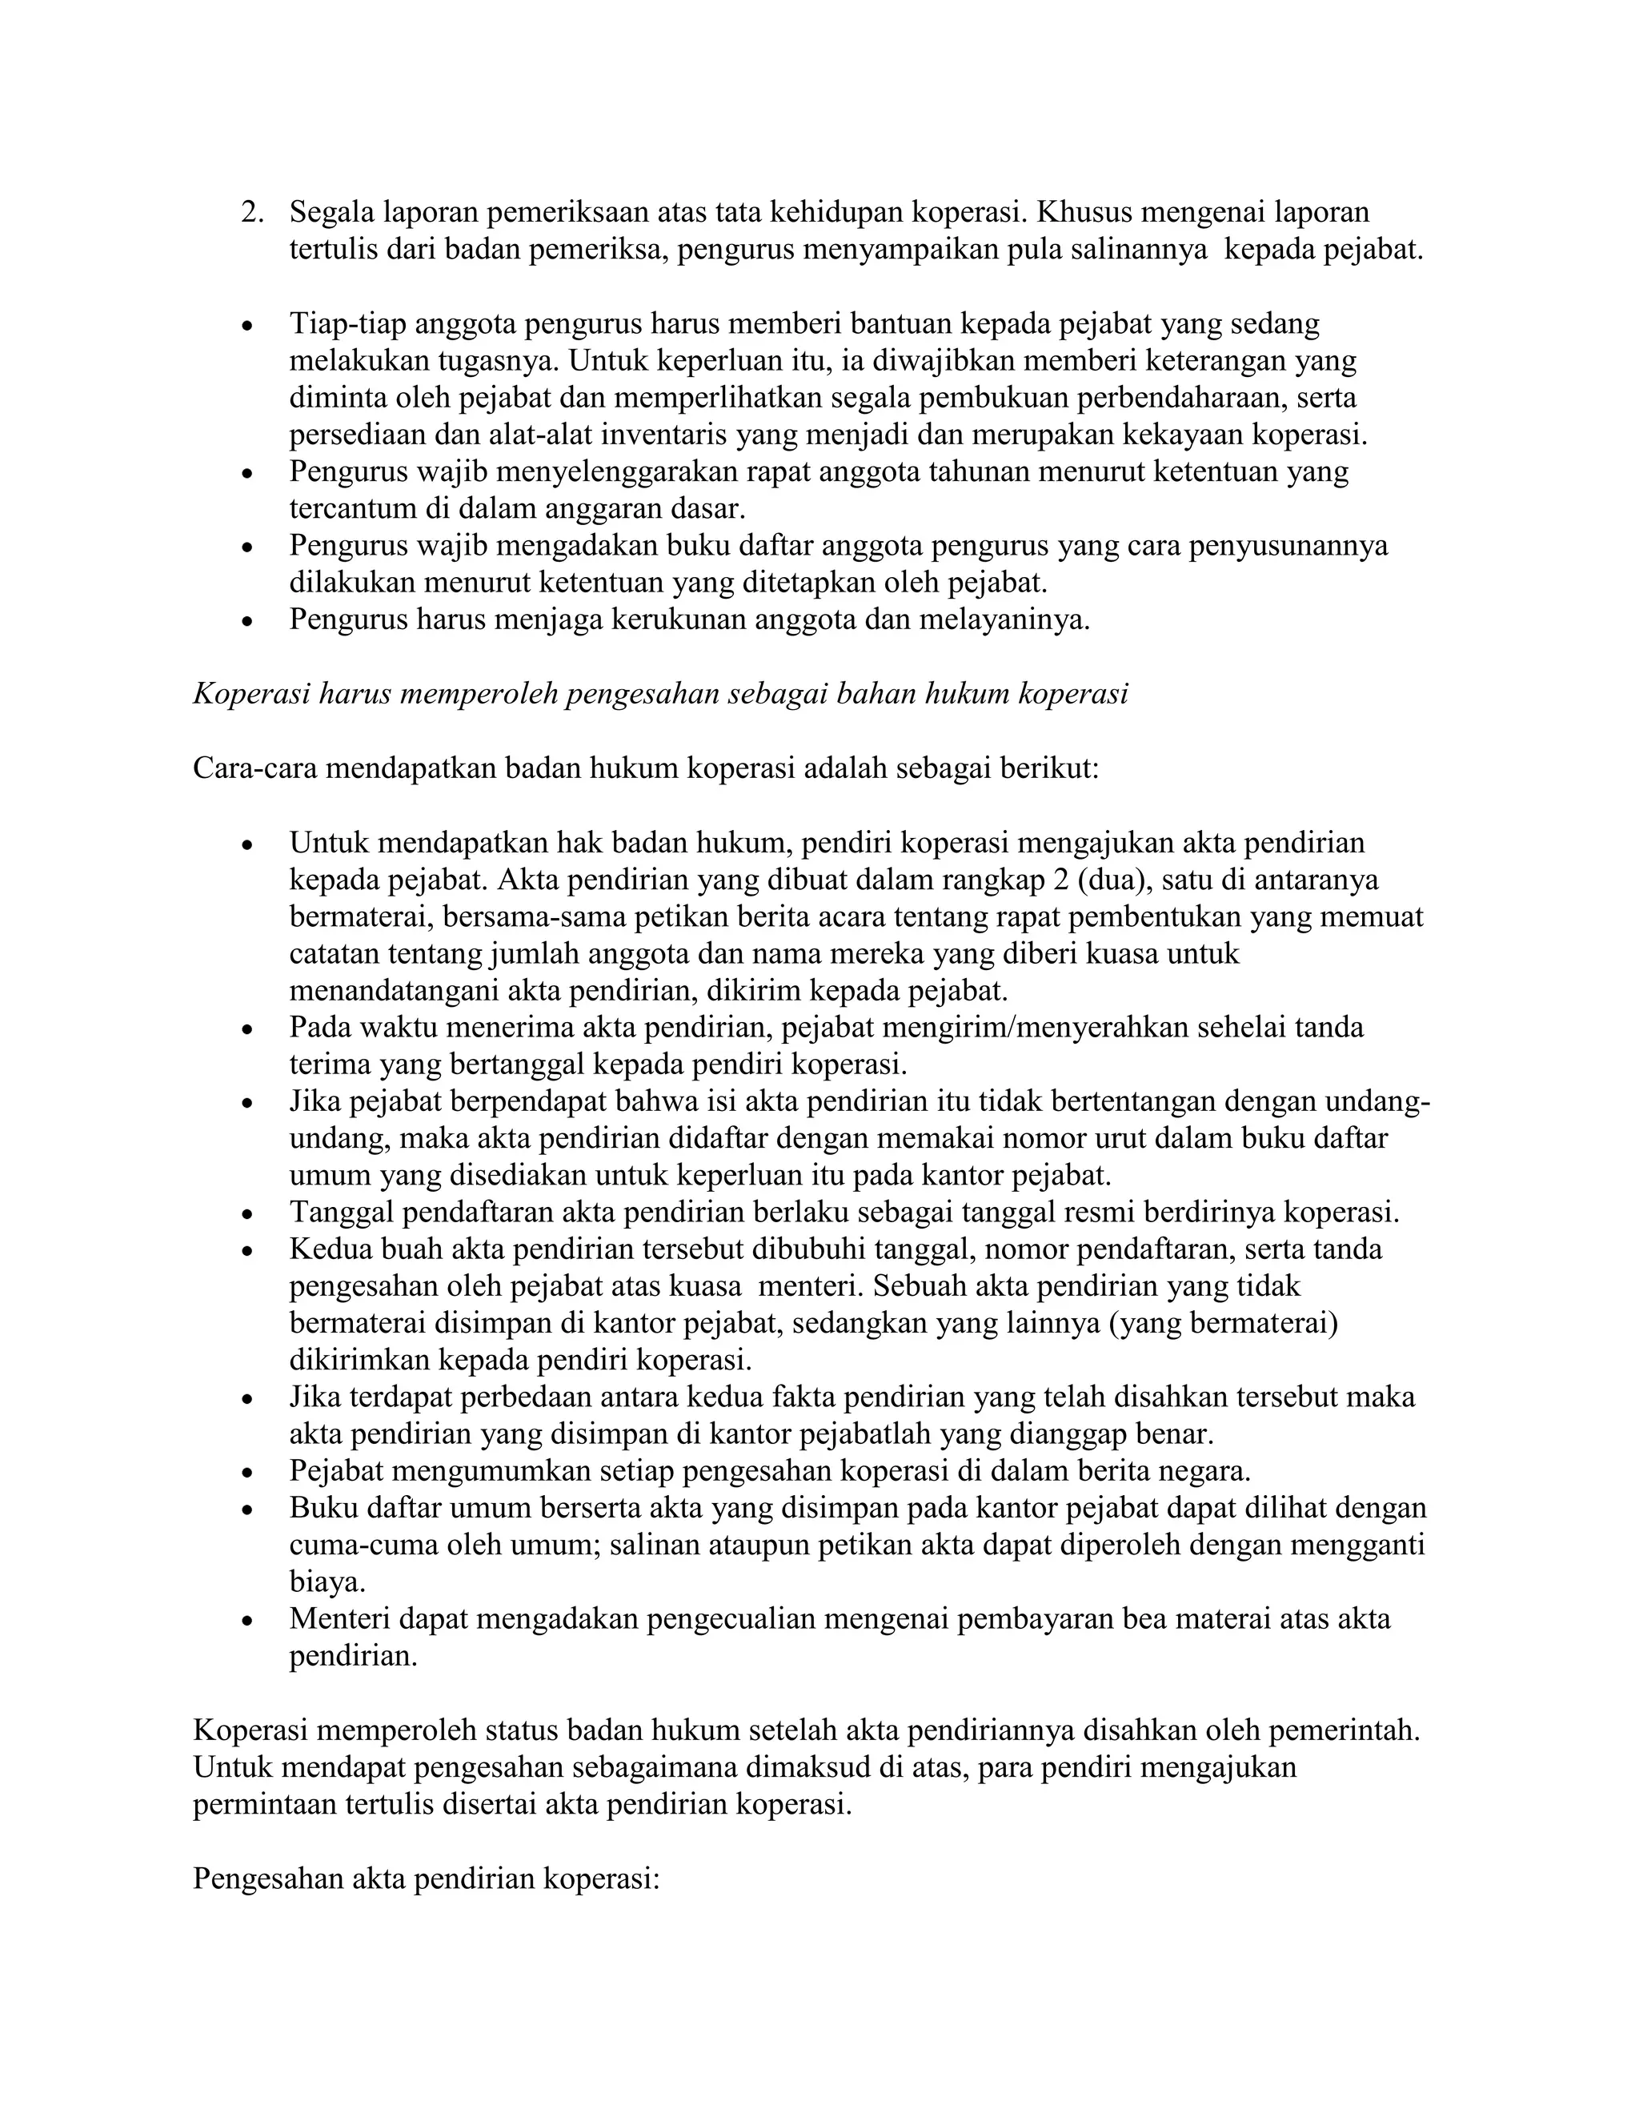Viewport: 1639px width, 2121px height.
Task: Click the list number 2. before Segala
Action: click(251, 213)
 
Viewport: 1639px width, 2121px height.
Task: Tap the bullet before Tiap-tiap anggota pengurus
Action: click(249, 327)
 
